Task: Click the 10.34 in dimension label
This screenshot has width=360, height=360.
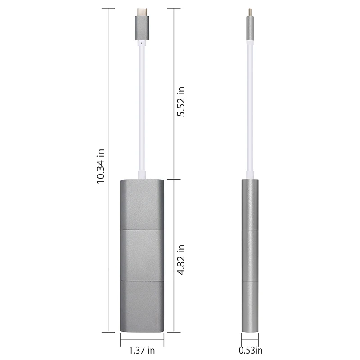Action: pos(100,166)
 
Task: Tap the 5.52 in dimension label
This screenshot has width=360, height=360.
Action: pos(181,101)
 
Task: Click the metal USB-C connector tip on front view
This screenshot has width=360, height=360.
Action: pos(142,11)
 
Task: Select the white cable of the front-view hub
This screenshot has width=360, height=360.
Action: pos(142,108)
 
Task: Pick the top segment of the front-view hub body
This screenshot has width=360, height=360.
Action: pos(142,205)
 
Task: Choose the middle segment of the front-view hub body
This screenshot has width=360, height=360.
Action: pos(142,256)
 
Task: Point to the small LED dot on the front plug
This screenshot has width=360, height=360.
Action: pos(142,44)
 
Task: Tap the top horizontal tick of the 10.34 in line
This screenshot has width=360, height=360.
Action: pos(108,8)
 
